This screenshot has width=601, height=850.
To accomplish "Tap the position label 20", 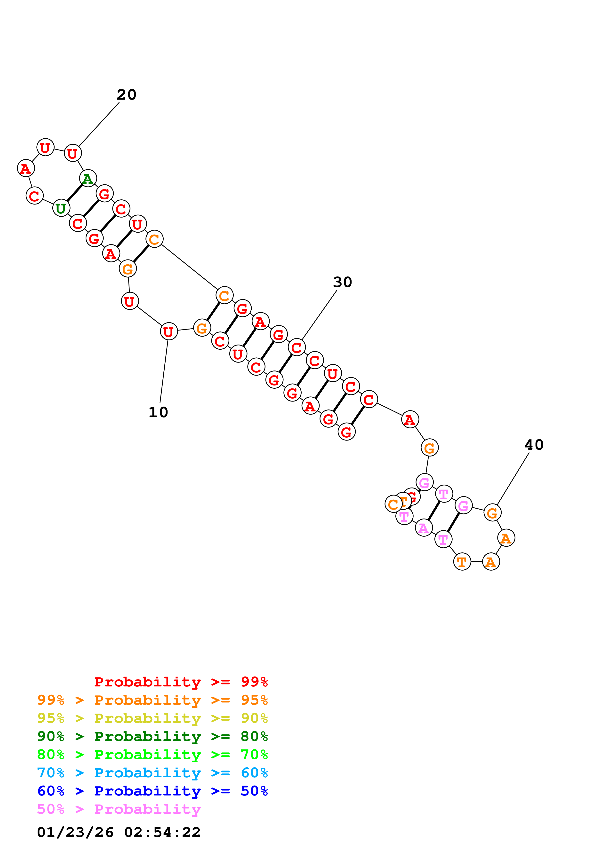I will [127, 95].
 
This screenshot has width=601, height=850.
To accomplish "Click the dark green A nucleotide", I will [88, 179].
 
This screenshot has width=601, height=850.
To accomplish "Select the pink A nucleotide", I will [424, 528].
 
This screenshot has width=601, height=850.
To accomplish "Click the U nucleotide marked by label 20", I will [72, 153].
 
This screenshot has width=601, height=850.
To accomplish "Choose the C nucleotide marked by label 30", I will [296, 347].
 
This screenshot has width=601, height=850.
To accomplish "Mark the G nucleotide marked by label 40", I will [492, 513].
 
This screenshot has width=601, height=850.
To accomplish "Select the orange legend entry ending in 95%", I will [152, 700].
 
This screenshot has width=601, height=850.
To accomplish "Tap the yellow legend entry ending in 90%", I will [152, 718].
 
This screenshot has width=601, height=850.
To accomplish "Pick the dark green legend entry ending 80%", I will [152, 736].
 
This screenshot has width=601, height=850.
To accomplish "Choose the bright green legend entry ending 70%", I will [152, 755].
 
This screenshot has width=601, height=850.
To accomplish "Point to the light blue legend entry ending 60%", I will [152, 773].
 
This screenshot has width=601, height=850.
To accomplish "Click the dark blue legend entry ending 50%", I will [152, 791].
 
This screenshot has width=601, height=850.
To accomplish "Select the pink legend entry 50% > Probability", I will [119, 809].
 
